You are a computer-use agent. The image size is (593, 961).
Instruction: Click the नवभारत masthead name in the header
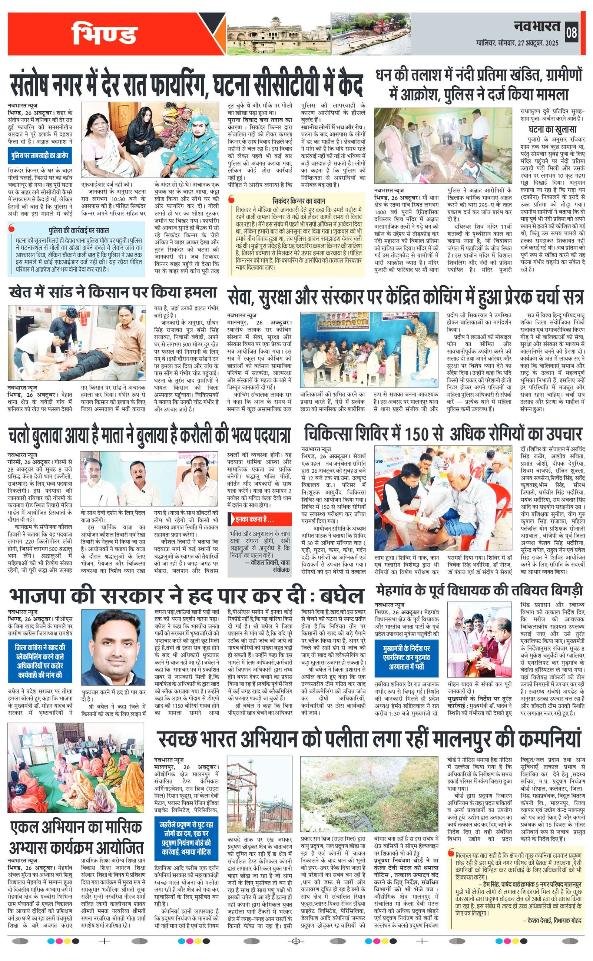[537, 26]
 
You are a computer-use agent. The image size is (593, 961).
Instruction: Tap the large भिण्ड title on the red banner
[104, 34]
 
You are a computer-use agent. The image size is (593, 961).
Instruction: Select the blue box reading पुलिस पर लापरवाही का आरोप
[39, 155]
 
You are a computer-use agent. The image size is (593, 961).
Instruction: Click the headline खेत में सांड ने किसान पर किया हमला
[113, 293]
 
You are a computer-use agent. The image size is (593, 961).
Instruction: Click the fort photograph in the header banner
[279, 34]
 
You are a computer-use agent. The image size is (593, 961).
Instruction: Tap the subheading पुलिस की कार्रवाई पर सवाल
[79, 230]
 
